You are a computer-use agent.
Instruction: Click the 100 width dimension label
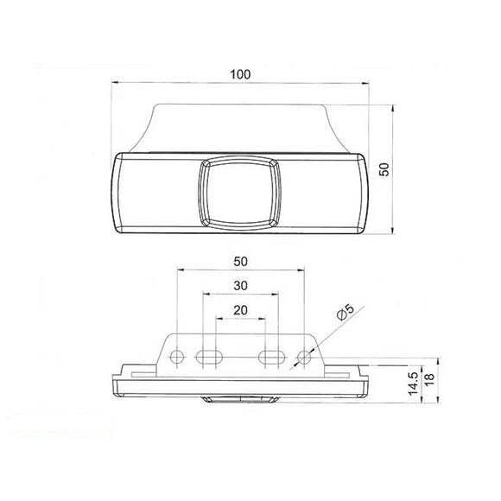coord(240,74)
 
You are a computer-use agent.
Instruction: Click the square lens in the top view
coord(239,193)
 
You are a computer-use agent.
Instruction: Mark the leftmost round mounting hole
coord(177,357)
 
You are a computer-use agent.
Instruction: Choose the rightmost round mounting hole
coord(303,357)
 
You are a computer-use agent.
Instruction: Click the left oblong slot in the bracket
coord(208,357)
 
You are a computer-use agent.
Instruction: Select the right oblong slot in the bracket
coord(271,357)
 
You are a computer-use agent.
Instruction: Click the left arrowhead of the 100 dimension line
coord(117,84)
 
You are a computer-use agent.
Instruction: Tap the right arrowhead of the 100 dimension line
coord(368,84)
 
